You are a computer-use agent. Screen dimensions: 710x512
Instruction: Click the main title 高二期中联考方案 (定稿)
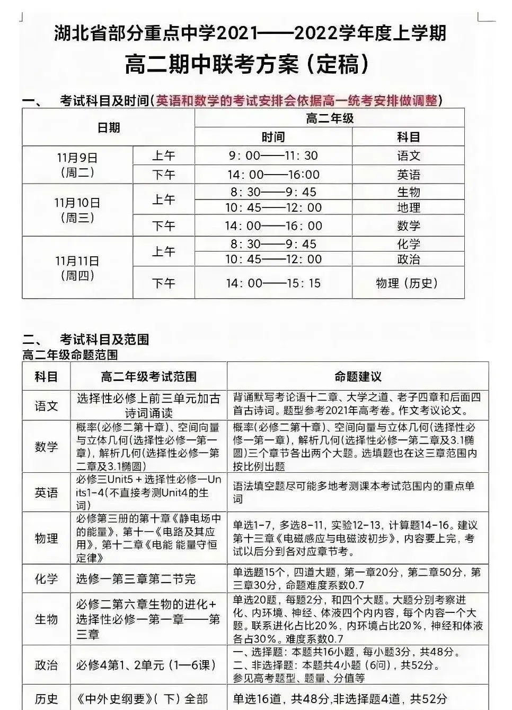247,65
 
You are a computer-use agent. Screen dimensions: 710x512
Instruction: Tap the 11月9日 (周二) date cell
77,165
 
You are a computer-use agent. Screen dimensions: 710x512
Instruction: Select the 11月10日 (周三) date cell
77,210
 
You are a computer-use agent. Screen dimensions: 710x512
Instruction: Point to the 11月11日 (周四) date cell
77,268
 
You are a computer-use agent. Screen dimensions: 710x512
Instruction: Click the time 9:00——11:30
273,155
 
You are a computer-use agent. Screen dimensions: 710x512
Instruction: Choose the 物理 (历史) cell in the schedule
408,283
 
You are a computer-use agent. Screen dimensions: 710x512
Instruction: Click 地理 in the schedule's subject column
408,207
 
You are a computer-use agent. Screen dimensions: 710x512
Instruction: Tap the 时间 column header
273,137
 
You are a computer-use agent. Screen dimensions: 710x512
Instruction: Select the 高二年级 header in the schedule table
329,118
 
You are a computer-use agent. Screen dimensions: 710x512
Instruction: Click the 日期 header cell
109,127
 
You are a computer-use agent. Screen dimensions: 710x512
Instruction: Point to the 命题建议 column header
358,377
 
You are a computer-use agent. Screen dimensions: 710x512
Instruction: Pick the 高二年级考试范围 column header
148,377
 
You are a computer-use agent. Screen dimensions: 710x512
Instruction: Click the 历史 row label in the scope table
46,699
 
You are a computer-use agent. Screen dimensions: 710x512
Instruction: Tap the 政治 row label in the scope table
46,665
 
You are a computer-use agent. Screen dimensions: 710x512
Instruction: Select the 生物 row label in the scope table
46,619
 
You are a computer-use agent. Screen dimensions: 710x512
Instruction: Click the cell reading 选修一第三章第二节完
136,579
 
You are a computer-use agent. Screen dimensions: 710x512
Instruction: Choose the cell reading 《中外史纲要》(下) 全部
142,699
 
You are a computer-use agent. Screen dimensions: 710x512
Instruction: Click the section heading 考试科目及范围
104,339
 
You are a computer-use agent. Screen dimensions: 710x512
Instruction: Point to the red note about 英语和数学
297,100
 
